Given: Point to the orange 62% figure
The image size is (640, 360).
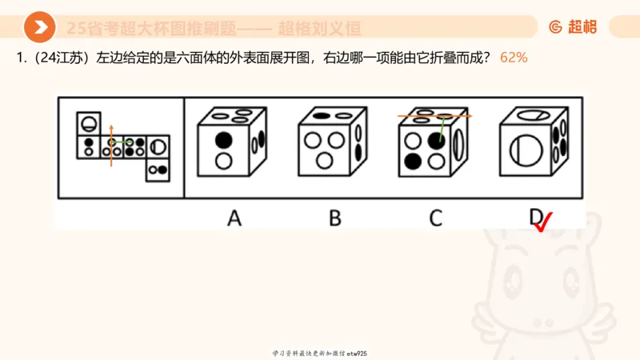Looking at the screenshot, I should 514,58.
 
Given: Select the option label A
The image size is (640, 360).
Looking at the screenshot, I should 234,218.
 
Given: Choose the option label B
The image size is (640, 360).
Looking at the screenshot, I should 334,218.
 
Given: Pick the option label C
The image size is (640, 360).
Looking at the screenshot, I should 435,218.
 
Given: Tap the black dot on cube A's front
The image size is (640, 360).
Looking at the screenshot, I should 225,141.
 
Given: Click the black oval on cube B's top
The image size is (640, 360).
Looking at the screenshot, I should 322,117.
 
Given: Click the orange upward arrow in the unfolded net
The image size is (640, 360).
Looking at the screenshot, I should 111,145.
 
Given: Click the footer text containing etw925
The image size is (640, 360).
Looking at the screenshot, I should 319,353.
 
